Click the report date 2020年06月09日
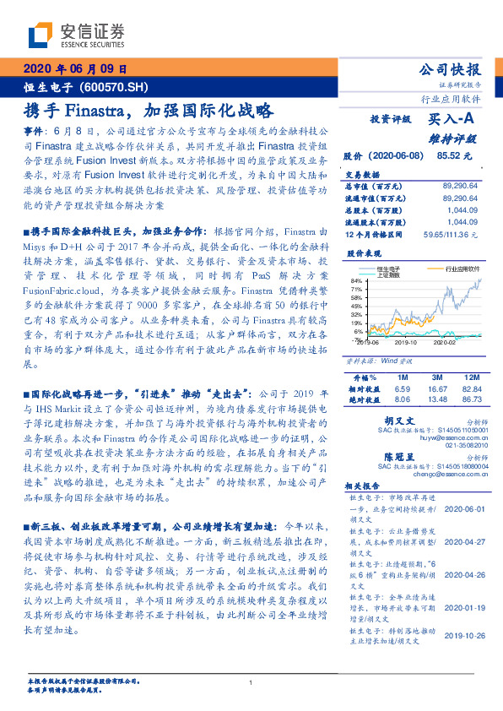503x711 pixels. coord(74,68)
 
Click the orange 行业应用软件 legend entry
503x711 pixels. coord(459,266)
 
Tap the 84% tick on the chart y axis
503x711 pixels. coord(356,280)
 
